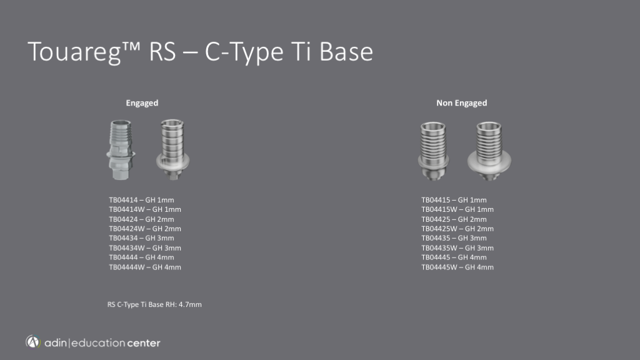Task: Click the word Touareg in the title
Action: pos(74,52)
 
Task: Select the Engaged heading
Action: pos(142,103)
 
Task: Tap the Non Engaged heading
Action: pos(462,103)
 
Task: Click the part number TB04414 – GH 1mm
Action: pos(141,200)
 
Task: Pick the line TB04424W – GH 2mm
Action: pos(145,229)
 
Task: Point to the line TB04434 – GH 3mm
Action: pos(141,238)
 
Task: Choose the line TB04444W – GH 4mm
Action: pos(145,267)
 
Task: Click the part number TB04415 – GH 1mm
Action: pos(454,200)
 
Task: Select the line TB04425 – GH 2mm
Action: pos(454,219)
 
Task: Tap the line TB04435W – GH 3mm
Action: pos(457,247)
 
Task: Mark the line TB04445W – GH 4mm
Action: pos(457,267)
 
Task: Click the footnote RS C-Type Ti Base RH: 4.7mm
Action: pos(154,304)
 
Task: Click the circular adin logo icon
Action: pos(33,342)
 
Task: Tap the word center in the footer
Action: pos(143,343)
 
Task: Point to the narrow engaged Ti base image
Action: pos(121,150)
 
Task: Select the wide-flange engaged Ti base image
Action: pos(172,149)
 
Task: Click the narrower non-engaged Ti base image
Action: pos(434,151)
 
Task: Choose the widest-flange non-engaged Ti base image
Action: pos(489,151)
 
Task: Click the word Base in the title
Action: pos(346,52)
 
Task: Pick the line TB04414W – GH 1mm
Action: pos(145,209)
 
